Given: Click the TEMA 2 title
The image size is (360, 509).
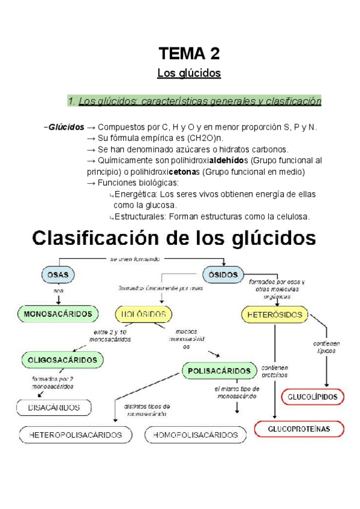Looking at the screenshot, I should click(x=189, y=54).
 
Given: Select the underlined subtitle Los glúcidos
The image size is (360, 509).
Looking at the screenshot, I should click(x=189, y=73).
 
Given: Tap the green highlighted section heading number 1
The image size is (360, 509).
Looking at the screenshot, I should click(x=194, y=101).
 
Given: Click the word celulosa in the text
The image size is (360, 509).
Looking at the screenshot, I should click(x=289, y=216).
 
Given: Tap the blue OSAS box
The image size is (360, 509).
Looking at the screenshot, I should click(x=58, y=275).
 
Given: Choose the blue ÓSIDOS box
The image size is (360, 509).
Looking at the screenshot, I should click(x=224, y=275).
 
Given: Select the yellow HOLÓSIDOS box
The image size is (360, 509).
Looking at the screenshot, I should click(x=143, y=313).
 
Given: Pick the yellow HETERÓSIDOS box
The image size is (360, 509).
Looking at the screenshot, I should click(x=275, y=314).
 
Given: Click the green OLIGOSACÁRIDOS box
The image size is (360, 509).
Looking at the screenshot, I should click(x=62, y=360).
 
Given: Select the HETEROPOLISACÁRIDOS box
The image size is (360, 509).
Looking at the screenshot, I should click(x=76, y=435).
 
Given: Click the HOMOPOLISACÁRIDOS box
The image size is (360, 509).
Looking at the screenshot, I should click(x=196, y=435).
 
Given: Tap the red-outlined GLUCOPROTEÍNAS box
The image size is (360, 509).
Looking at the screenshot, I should click(x=299, y=429).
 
